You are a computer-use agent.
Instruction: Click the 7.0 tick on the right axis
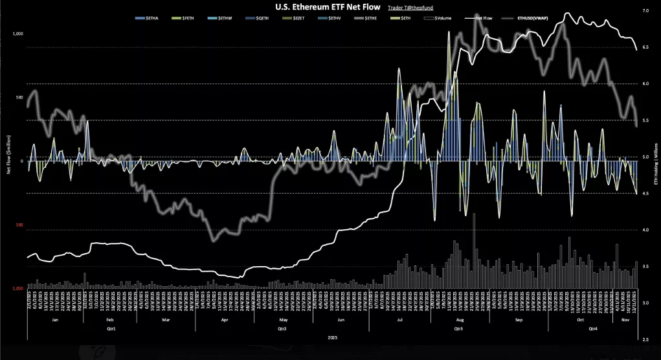645,11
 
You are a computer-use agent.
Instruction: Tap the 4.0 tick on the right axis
645,230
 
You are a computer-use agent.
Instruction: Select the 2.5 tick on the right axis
645,339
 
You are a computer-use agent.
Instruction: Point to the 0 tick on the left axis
21,161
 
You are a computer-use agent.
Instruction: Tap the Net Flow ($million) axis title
8,155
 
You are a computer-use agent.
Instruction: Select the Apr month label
225,320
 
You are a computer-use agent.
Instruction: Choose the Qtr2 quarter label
282,328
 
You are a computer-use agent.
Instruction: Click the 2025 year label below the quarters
333,337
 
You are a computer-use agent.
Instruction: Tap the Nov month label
627,320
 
